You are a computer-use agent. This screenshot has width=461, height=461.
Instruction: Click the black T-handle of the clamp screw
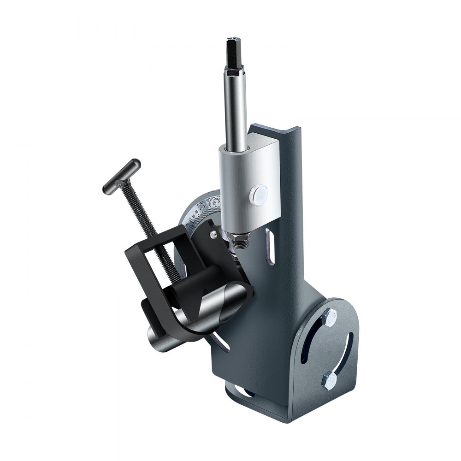click(x=121, y=176)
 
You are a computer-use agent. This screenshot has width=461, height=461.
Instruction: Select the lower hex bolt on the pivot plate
click(x=330, y=379)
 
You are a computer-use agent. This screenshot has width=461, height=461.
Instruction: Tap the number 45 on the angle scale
click(x=197, y=213)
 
